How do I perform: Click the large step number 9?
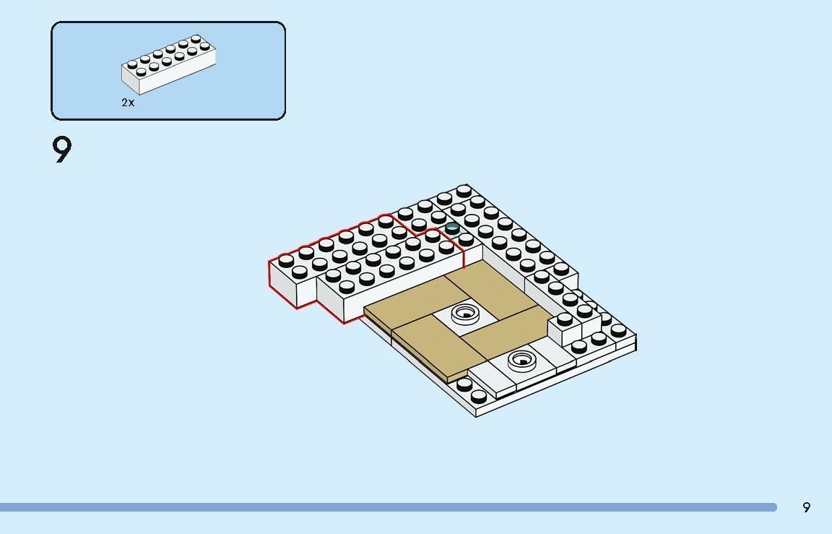point(62,150)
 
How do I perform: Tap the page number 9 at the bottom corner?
point(807,507)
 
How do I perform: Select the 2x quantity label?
point(128,103)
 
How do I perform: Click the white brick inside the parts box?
point(169,64)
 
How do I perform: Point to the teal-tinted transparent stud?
point(452,229)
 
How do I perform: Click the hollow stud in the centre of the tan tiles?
point(465,314)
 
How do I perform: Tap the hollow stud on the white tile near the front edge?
point(523,361)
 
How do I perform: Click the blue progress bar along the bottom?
point(389,507)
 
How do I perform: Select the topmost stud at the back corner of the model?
point(463,190)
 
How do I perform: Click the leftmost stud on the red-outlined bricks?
point(286,261)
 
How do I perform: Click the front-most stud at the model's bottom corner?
point(478,396)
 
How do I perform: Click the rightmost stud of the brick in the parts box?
point(205,46)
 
